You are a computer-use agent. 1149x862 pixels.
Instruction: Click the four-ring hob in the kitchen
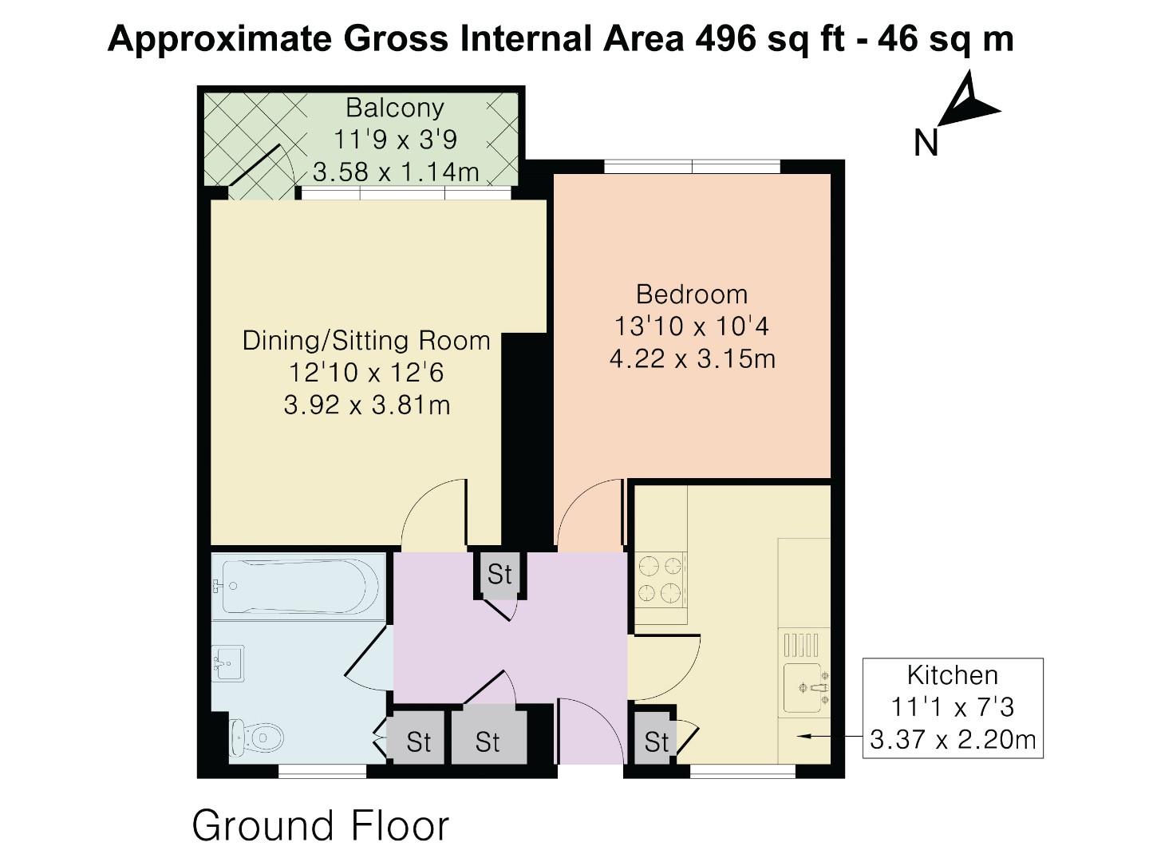point(661,579)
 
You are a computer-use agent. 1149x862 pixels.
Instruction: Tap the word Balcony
point(394,107)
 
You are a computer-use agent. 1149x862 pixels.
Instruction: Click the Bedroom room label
point(692,295)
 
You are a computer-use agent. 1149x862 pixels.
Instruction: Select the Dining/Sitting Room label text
point(366,341)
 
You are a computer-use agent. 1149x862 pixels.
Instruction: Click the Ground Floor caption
point(321,826)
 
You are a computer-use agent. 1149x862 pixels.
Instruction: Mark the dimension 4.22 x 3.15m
point(692,359)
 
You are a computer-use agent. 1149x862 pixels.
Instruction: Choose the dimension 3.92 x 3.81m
point(366,405)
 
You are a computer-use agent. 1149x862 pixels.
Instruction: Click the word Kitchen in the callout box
point(952,675)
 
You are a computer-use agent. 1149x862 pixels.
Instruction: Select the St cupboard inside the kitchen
point(656,742)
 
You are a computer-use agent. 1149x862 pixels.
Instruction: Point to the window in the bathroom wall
point(322,770)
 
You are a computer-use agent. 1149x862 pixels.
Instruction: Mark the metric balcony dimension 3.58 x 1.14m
point(396,172)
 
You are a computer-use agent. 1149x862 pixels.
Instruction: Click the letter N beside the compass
point(926,144)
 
